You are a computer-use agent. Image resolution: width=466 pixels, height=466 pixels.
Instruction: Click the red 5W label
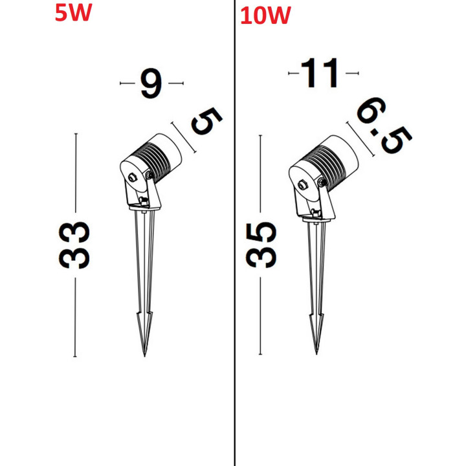(73, 13)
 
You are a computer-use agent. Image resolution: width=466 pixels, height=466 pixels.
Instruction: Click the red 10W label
(265, 16)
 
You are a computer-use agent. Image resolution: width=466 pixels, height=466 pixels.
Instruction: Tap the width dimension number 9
(151, 83)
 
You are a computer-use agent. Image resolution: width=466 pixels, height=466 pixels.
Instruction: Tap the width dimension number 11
(320, 72)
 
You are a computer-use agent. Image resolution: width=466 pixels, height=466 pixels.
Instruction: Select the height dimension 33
(74, 245)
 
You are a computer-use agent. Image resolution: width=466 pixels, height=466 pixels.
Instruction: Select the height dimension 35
(261, 245)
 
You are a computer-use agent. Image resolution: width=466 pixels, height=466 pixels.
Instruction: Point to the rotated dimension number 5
(207, 121)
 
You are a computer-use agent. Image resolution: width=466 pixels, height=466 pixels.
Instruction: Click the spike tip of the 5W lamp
(145, 356)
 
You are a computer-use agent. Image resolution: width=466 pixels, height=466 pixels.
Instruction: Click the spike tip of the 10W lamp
(316, 353)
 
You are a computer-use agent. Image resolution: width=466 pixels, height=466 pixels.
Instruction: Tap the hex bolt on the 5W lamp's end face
(132, 178)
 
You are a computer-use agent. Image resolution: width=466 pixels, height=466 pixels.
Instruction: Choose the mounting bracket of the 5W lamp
(143, 193)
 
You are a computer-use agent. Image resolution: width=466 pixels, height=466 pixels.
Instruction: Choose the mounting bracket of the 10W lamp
(315, 201)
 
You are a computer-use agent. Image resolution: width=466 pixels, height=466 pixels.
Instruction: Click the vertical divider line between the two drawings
(235, 233)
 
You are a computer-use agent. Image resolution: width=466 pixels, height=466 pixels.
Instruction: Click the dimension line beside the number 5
(183, 137)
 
